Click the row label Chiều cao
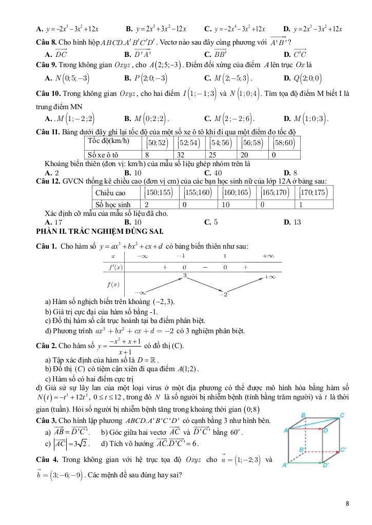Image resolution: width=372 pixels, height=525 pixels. [111, 193]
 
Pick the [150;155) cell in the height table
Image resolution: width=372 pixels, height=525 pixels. [158, 193]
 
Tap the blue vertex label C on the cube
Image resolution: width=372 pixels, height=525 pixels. [342, 415]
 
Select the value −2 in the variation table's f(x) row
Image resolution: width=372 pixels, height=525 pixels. [222, 294]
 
